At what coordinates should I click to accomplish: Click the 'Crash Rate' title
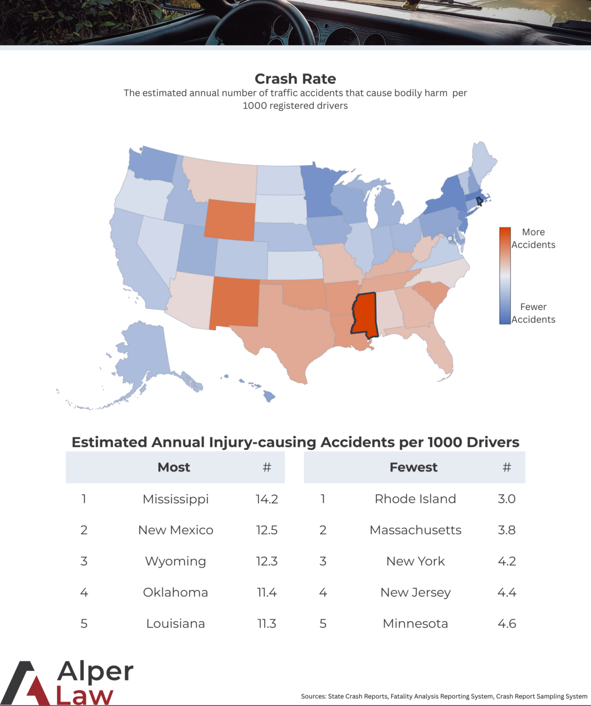pyautogui.click(x=295, y=79)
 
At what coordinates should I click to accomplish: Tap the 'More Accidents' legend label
pyautogui.click(x=533, y=239)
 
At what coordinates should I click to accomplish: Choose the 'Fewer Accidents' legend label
pyautogui.click(x=533, y=313)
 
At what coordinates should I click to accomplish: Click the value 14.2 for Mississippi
pyautogui.click(x=267, y=499)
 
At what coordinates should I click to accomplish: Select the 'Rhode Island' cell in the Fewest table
pyautogui.click(x=415, y=499)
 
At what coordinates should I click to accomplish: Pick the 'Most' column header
pyautogui.click(x=174, y=467)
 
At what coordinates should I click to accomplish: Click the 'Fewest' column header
pyautogui.click(x=413, y=467)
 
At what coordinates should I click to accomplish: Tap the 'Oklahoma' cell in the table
pyautogui.click(x=175, y=593)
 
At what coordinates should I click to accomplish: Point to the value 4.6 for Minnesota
pyautogui.click(x=507, y=624)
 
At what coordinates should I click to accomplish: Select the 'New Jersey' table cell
pyautogui.click(x=416, y=593)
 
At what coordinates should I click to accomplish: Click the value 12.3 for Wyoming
pyautogui.click(x=267, y=561)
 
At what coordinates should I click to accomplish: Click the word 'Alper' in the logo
pyautogui.click(x=95, y=672)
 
